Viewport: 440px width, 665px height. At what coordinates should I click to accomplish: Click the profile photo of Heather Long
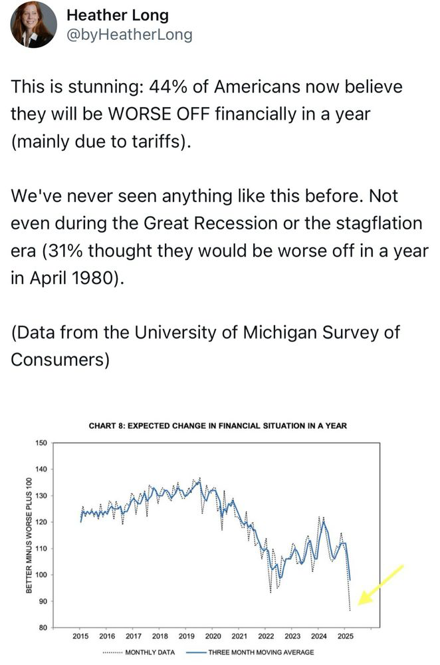(x=33, y=25)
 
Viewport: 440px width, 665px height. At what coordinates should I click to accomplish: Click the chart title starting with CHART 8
(x=217, y=426)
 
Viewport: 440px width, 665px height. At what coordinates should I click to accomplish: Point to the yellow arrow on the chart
(x=381, y=585)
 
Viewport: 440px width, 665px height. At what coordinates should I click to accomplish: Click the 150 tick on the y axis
(x=41, y=443)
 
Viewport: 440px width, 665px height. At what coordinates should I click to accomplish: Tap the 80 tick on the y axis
(x=43, y=628)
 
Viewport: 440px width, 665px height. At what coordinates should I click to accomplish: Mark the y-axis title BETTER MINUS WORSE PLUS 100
(x=29, y=536)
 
